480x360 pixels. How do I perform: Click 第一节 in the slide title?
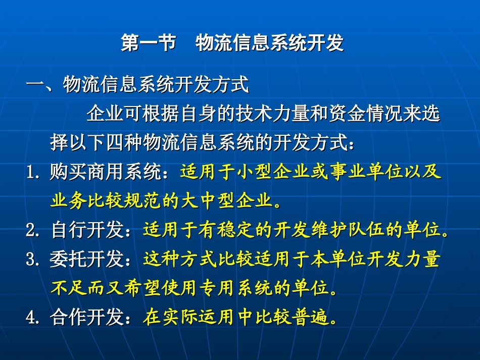coord(148,43)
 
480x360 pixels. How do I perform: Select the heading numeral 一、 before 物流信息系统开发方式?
coord(44,84)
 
